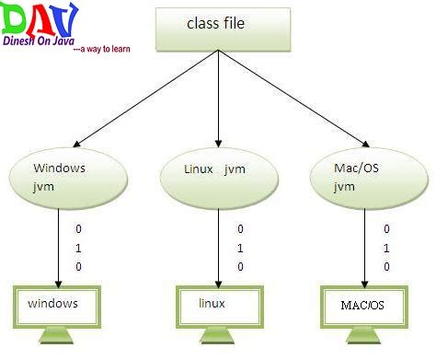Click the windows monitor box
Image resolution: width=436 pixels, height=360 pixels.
(56, 303)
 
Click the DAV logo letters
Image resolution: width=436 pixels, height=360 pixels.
(40, 21)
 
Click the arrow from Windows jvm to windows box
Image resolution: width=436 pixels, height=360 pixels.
(58, 244)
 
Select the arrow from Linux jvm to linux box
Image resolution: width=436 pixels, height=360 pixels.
(217, 244)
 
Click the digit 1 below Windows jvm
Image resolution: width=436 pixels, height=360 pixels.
(79, 246)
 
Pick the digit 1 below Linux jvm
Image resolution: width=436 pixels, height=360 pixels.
(240, 247)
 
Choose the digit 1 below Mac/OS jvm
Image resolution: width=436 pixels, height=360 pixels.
(387, 247)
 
